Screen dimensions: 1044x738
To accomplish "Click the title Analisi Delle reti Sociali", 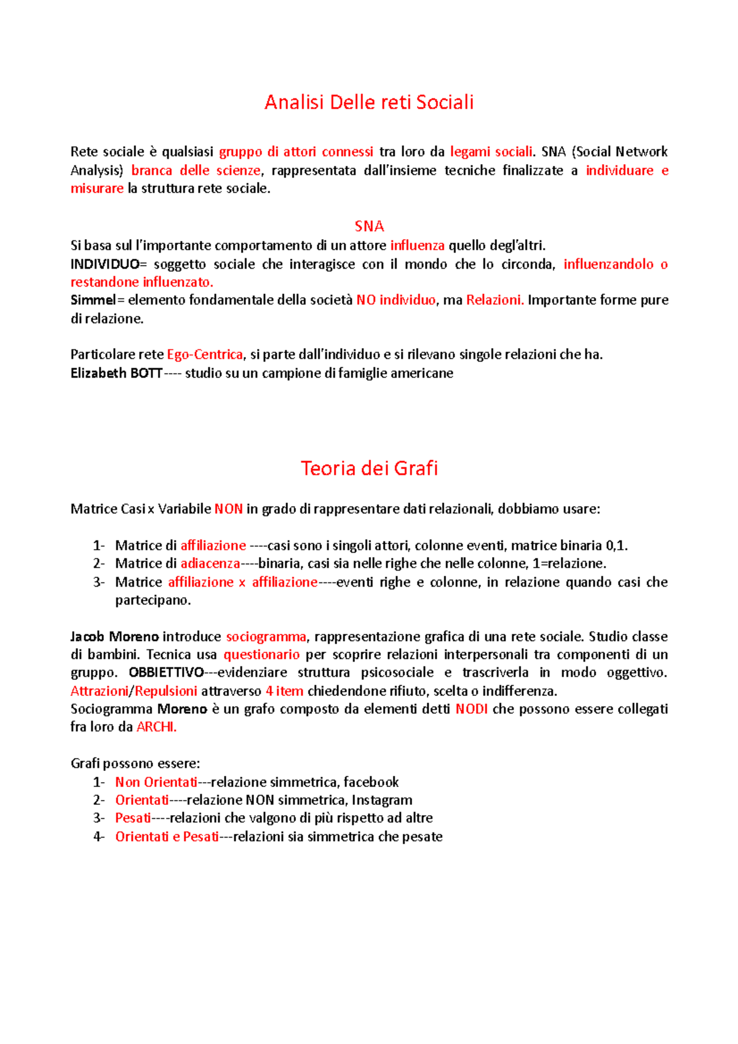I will pyautogui.click(x=369, y=102).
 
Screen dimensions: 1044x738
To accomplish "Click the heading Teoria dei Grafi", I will pyautogui.click(x=369, y=469).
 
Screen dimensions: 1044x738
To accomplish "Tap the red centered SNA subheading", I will pyautogui.click(x=369, y=226).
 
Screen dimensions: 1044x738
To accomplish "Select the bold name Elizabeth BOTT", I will pyautogui.click(x=116, y=373).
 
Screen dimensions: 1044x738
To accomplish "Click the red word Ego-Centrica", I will pyautogui.click(x=205, y=355).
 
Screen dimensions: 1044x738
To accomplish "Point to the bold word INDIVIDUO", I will pyautogui.click(x=105, y=264).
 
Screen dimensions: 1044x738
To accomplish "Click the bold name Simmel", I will pyautogui.click(x=93, y=300).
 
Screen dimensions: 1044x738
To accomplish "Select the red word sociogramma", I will pyautogui.click(x=266, y=636).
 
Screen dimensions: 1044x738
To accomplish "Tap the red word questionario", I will pyautogui.click(x=261, y=654).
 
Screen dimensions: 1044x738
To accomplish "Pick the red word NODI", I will pyautogui.click(x=471, y=709).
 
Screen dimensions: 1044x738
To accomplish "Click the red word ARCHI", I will pyautogui.click(x=156, y=727).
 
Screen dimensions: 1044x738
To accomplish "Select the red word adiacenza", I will pyautogui.click(x=210, y=563).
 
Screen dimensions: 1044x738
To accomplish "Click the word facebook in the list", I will pyautogui.click(x=371, y=782).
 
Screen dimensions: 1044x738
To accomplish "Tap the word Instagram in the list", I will pyautogui.click(x=381, y=800).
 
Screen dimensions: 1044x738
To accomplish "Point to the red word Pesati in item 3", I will pyautogui.click(x=133, y=818).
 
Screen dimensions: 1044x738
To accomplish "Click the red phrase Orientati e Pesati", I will pyautogui.click(x=167, y=836).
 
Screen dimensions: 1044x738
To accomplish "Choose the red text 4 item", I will pyautogui.click(x=284, y=691).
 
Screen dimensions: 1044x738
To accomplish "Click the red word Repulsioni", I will pyautogui.click(x=166, y=691).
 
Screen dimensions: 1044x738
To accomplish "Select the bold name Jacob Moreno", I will pyautogui.click(x=114, y=636).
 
